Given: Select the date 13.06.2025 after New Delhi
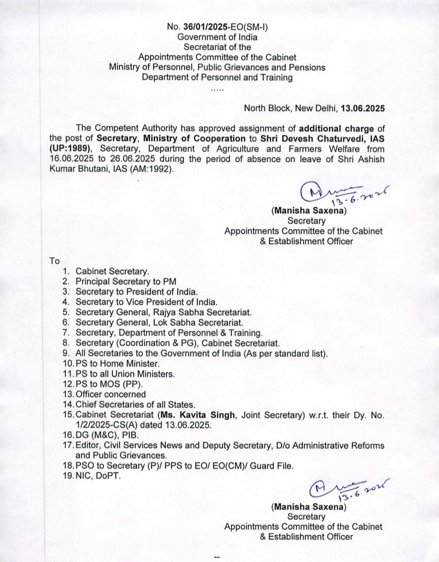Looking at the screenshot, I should click(x=363, y=108).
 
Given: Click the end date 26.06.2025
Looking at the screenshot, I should click(x=132, y=159).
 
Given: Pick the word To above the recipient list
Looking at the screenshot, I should click(x=54, y=261).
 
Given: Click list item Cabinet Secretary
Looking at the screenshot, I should click(x=112, y=271).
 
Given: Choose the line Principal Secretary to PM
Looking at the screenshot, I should click(x=126, y=281).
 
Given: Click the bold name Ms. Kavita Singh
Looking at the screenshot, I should click(x=198, y=415).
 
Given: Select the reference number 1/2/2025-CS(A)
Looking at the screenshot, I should click(x=107, y=425).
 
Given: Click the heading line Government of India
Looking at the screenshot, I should click(x=217, y=37).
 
